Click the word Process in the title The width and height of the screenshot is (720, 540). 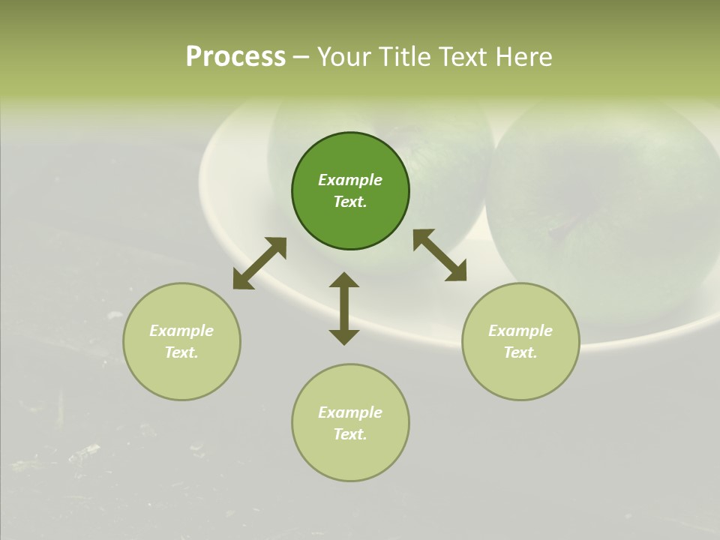coord(235,57)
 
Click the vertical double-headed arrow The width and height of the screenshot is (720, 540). coord(344,308)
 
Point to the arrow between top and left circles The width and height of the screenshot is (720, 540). coord(259,263)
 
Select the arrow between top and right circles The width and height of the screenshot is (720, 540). coord(439,255)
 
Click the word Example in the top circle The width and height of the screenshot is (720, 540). coord(350,180)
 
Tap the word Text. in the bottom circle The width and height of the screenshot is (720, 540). coord(350,434)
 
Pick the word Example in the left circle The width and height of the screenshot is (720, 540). coord(181,331)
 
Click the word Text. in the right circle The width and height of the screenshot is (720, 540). coord(520,352)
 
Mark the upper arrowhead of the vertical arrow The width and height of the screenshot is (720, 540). coord(344,281)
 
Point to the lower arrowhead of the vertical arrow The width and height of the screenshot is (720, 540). coord(344,336)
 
